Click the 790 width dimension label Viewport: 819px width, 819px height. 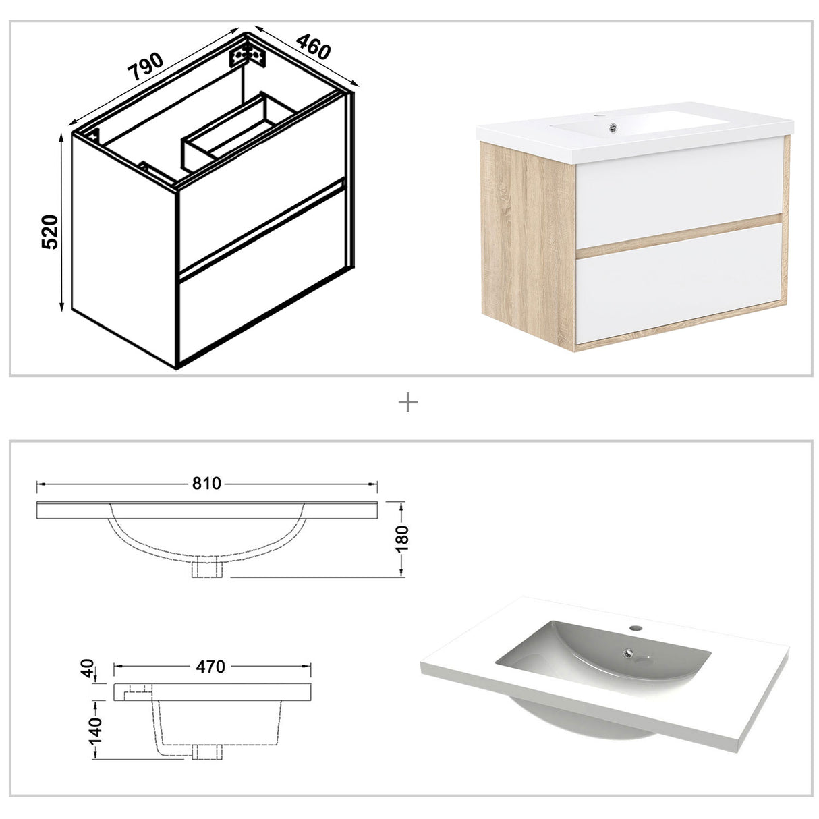pyautogui.click(x=147, y=66)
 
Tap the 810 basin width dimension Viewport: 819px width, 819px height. pyautogui.click(x=207, y=484)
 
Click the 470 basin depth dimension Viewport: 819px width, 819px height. pyautogui.click(x=211, y=667)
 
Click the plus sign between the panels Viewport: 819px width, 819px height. pyautogui.click(x=408, y=403)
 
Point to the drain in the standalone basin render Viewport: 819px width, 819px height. pyautogui.click(x=629, y=653)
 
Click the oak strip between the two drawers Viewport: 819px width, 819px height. pyautogui.click(x=678, y=235)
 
